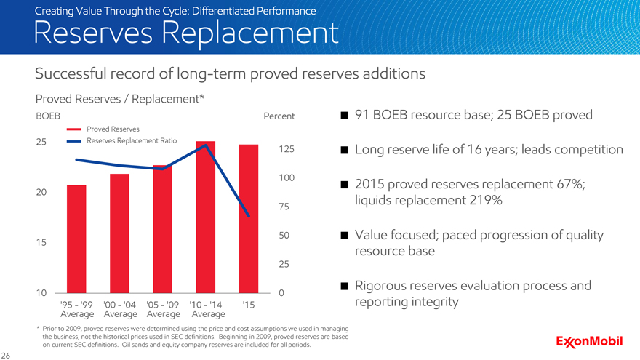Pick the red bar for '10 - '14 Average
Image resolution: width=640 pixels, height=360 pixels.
coord(206,217)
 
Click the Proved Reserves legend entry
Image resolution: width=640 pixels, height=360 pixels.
coord(108,129)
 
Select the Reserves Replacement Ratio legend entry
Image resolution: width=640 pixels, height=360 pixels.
coord(123,140)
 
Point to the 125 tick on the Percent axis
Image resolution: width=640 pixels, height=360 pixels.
coord(285,149)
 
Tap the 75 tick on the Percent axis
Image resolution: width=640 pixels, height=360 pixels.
coord(285,207)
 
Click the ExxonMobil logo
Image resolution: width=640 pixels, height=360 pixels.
coord(593,341)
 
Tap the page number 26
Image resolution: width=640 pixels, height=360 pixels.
coord(7,354)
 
